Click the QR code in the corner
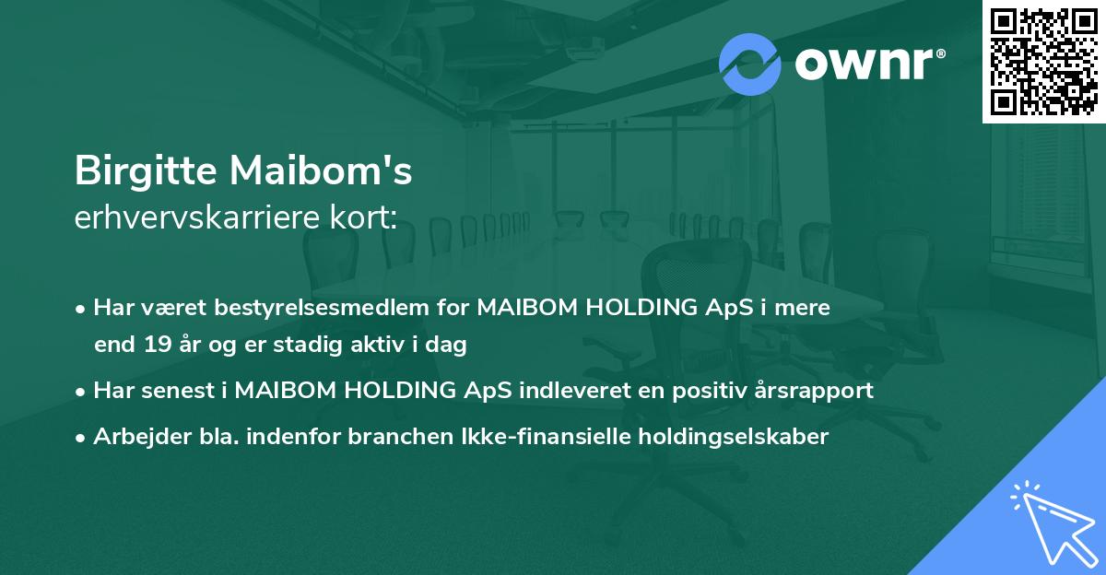click(x=1043, y=61)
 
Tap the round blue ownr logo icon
click(x=750, y=65)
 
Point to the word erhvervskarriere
click(x=190, y=217)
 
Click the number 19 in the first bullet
click(x=157, y=346)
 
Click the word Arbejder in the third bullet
click(x=135, y=436)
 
